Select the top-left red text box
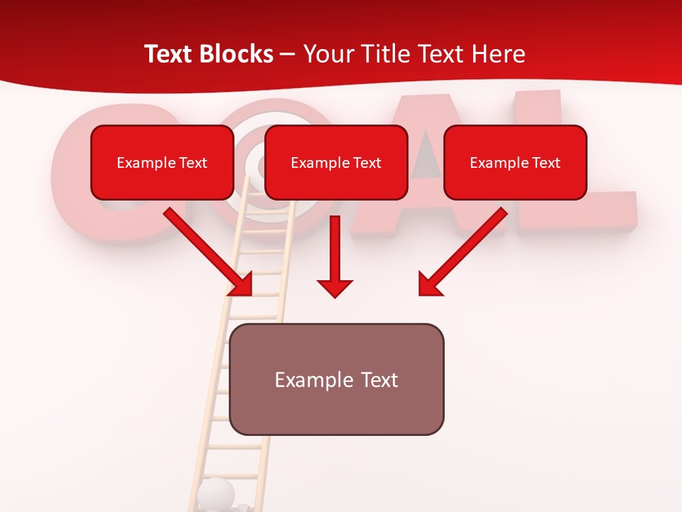pyautogui.click(x=162, y=162)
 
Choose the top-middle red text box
pyautogui.click(x=336, y=162)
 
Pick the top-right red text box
pyautogui.click(x=515, y=162)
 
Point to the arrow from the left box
pyautogui.click(x=209, y=252)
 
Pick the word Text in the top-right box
pyautogui.click(x=546, y=163)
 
